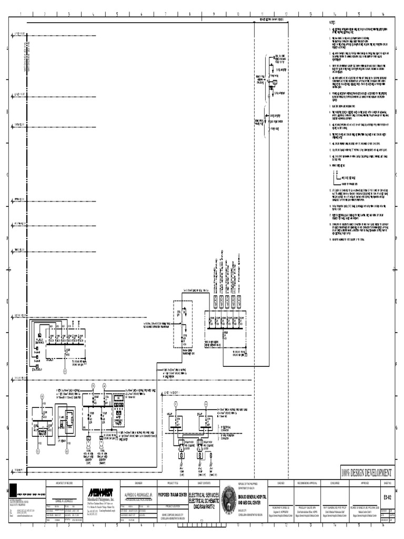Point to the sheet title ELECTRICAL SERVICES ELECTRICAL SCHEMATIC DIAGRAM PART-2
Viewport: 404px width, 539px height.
click(x=201, y=498)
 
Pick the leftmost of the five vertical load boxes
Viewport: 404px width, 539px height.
click(x=215, y=302)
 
